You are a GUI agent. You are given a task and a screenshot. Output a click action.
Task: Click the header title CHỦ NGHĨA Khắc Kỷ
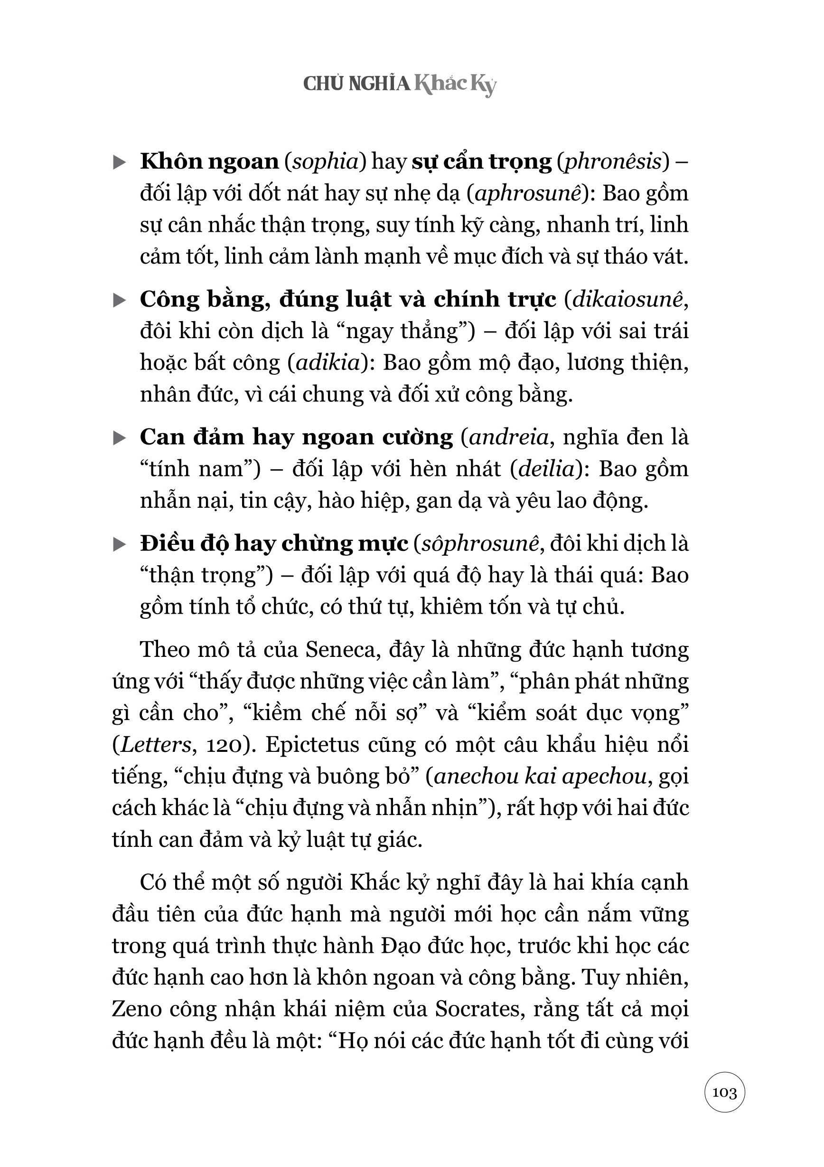[x=399, y=84]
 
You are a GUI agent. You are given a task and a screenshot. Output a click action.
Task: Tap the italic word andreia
[x=509, y=437]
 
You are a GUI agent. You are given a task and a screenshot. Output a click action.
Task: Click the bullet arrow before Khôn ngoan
[x=120, y=162]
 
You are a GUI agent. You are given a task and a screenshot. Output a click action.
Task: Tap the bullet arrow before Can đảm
[x=120, y=437]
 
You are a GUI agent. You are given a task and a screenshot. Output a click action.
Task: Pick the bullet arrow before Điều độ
[x=120, y=544]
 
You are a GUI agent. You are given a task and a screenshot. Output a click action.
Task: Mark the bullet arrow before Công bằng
[x=120, y=300]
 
